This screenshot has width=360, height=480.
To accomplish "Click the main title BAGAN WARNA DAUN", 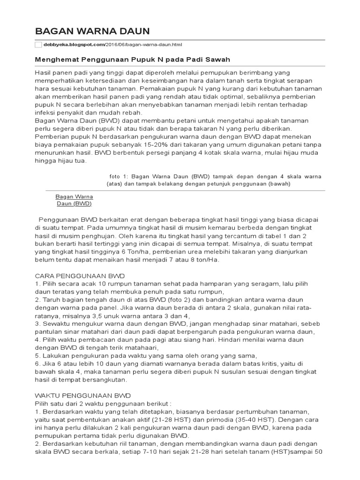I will [x=92, y=31].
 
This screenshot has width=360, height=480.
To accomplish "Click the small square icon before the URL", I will [x=38, y=45].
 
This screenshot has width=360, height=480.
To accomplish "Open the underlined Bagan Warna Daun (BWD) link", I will [x=74, y=200].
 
